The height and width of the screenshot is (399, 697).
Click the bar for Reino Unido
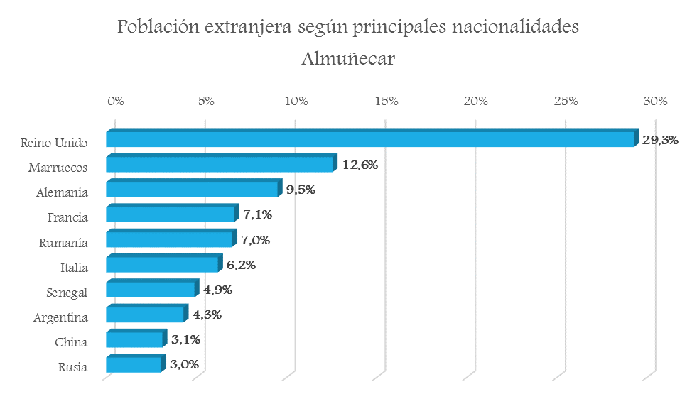tap(369, 139)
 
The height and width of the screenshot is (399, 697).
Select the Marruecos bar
tap(220, 164)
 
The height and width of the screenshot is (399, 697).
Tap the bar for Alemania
tap(192, 189)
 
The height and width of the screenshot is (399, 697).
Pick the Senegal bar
tap(151, 289)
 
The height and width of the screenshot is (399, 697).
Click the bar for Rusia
tap(134, 364)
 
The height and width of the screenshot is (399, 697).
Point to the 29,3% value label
tap(660, 140)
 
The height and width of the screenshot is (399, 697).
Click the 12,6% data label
tap(360, 165)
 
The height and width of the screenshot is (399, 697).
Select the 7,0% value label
tap(256, 240)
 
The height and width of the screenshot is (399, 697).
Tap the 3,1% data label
tap(186, 339)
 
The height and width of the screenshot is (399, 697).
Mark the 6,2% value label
tap(242, 265)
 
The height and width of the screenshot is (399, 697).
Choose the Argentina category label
tap(60, 317)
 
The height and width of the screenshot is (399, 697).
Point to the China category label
tap(71, 342)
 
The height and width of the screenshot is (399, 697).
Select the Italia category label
tap(74, 268)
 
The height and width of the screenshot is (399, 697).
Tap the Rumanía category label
tap(63, 243)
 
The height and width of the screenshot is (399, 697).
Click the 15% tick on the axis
tap(387, 101)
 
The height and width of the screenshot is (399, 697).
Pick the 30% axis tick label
tap(655, 101)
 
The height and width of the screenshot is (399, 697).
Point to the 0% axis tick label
tap(116, 101)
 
